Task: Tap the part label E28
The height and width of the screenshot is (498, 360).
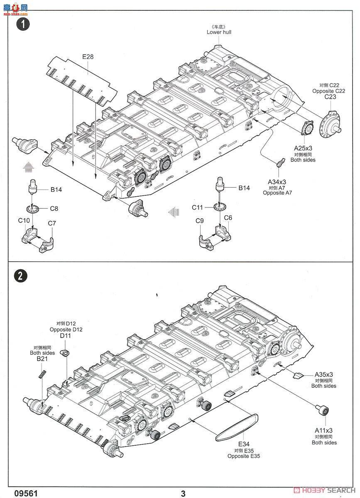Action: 88,57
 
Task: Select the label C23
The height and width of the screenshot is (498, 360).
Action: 330,97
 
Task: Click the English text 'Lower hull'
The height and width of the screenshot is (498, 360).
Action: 219,32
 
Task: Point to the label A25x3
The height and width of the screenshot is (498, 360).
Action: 303,148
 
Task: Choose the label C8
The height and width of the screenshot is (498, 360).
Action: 54,209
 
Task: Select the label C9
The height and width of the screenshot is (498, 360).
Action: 199,221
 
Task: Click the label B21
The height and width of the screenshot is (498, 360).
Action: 40,359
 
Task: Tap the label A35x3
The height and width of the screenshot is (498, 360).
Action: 324,374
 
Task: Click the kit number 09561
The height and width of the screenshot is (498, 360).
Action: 26,493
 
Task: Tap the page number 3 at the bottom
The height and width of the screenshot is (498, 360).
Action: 183,493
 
